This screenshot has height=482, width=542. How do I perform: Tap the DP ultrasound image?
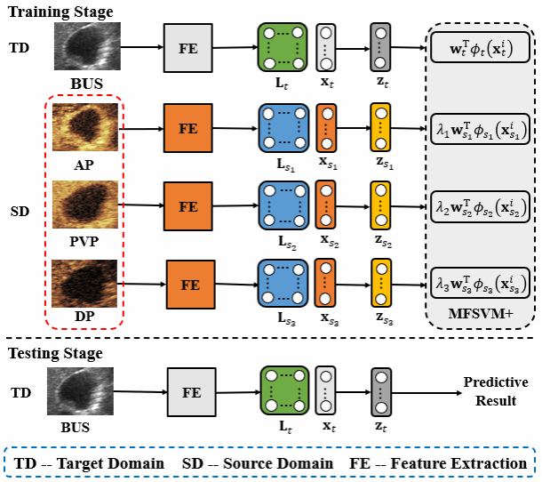(85, 281)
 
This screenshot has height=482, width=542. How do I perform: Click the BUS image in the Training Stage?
(85, 46)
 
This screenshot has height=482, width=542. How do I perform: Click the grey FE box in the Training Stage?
(187, 47)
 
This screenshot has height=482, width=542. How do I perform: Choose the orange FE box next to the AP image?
(187, 127)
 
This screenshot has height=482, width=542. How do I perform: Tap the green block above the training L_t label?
(282, 47)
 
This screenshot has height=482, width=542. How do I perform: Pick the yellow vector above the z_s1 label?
(380, 127)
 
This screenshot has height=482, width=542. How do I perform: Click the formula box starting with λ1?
(480, 130)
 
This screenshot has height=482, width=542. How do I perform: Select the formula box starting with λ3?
(480, 284)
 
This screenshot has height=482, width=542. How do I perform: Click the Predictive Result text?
(495, 391)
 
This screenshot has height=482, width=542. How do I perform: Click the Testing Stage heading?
(55, 353)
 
